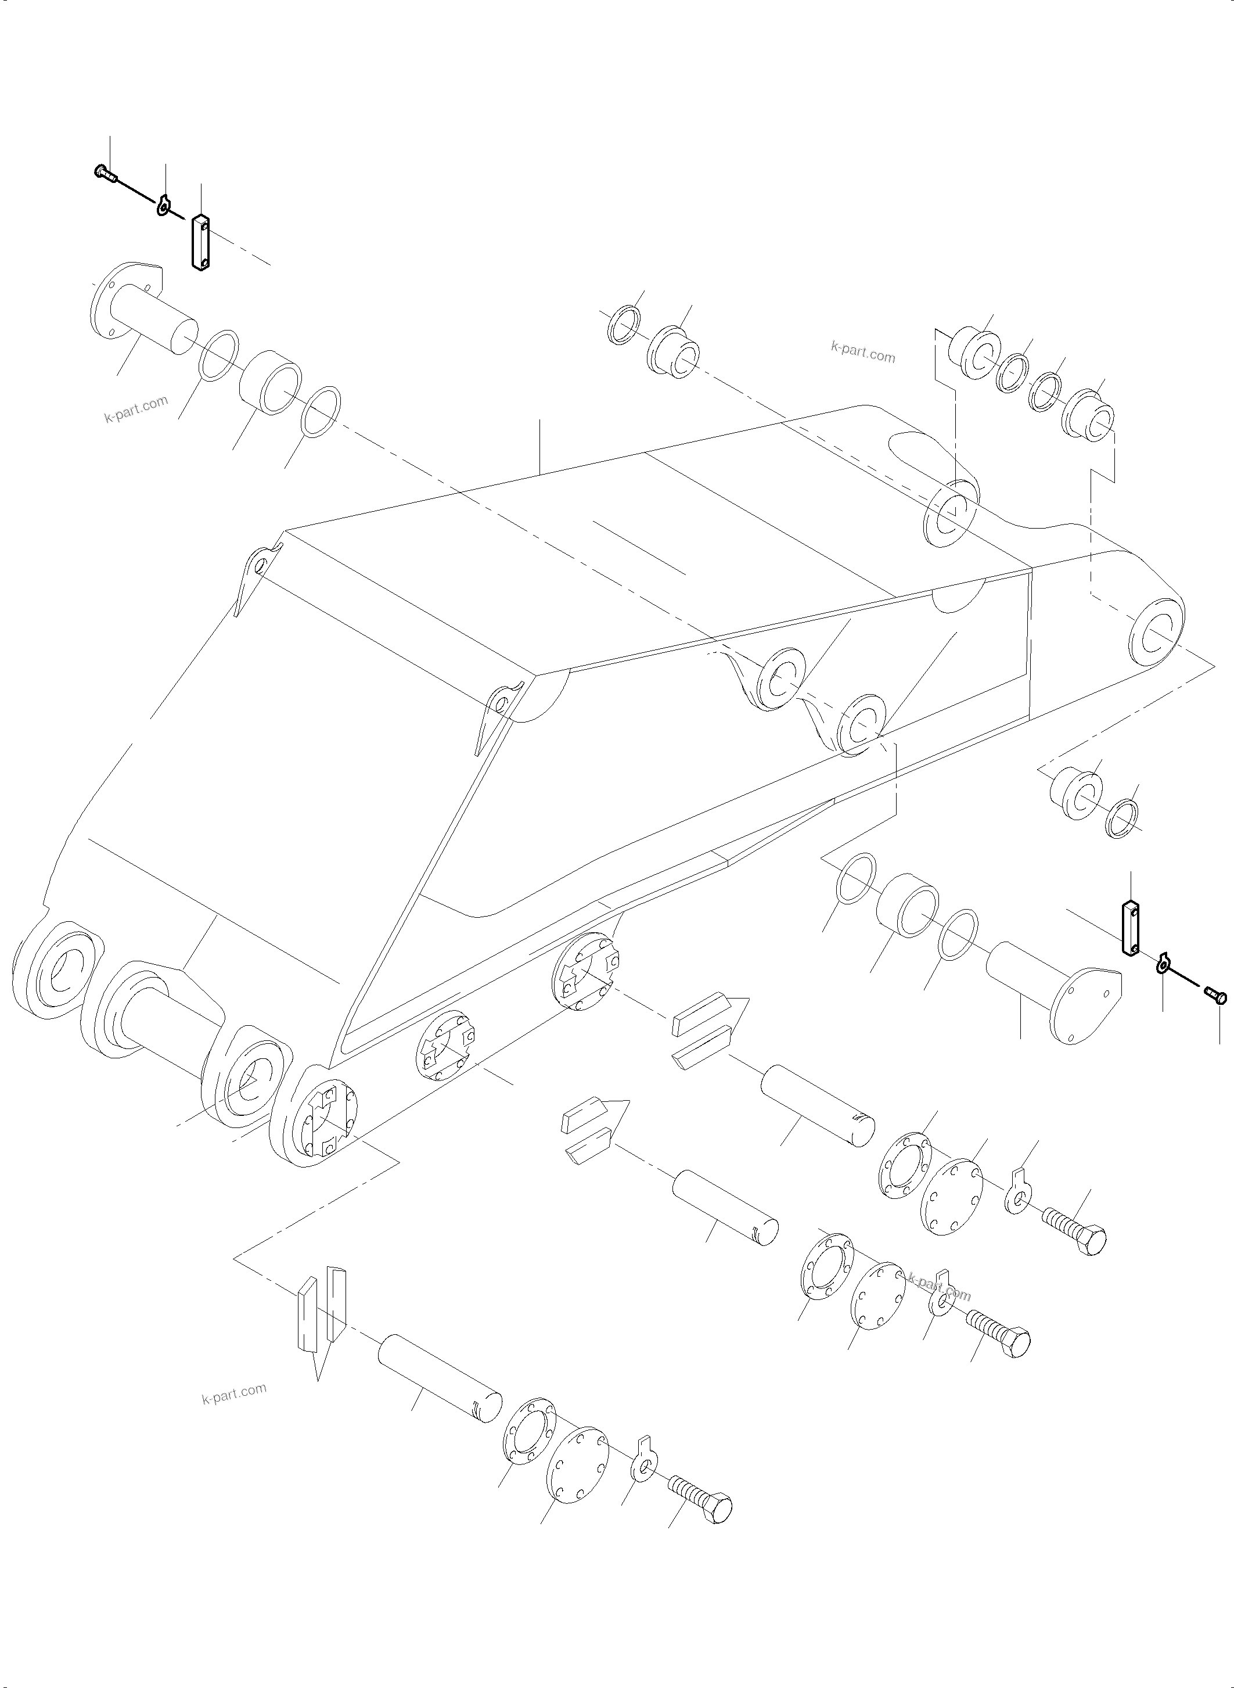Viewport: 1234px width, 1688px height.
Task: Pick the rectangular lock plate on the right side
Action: pyautogui.click(x=1130, y=928)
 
